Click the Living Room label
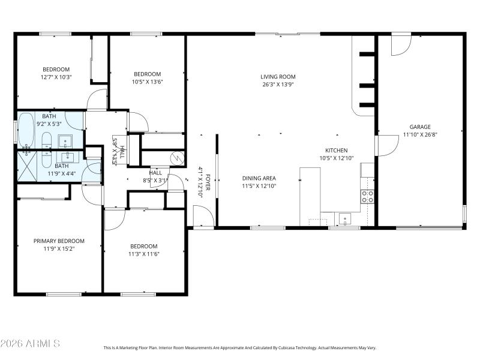(278, 77)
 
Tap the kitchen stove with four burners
(367, 197)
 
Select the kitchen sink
(344, 219)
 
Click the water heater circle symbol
(177, 158)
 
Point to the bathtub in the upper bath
(26, 130)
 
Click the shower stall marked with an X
(28, 161)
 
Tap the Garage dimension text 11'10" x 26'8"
(420, 135)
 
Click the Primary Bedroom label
(59, 241)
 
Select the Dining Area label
(259, 178)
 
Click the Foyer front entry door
(203, 216)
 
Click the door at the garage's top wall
(401, 46)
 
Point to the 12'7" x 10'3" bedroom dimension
(56, 77)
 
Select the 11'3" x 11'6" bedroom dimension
(144, 254)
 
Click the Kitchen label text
(336, 151)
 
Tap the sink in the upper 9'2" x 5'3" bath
(65, 142)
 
